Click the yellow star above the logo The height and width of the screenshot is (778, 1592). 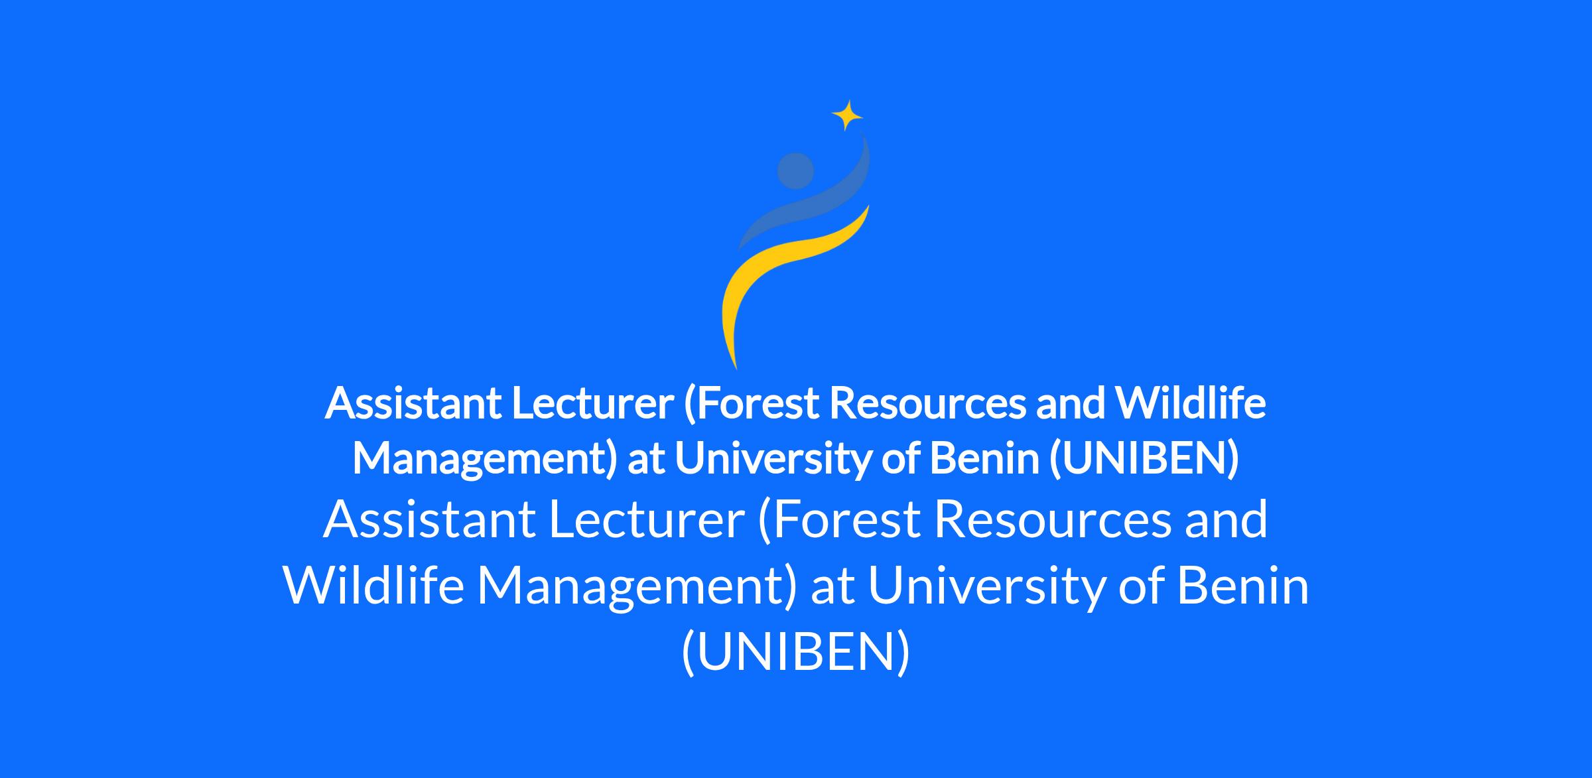click(847, 115)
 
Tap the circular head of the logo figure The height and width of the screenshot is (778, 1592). click(795, 171)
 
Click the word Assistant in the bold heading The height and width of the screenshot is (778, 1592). click(413, 403)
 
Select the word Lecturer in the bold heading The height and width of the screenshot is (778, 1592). click(592, 403)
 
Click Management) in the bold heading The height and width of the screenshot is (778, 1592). click(486, 460)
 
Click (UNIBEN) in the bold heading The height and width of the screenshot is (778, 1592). click(1144, 459)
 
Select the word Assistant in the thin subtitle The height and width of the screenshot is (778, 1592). click(430, 520)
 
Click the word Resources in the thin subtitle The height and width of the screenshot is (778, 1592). click(1053, 520)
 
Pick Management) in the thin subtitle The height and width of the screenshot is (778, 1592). click(637, 588)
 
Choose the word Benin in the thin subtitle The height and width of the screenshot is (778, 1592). click(1243, 586)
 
